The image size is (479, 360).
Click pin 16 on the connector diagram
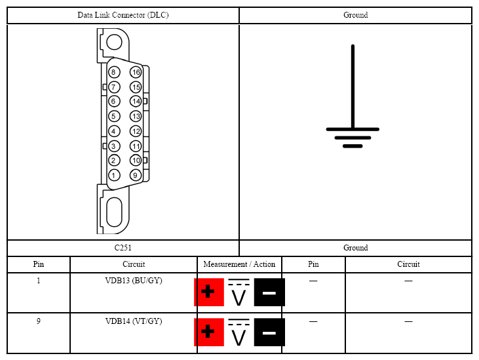click(136, 72)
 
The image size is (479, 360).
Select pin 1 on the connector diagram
click(113, 175)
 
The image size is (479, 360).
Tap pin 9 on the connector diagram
click(135, 175)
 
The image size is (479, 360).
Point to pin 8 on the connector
click(113, 72)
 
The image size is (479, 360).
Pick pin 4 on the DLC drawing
click(113, 130)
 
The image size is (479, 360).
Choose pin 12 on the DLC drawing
click(136, 130)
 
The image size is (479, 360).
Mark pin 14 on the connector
click(136, 101)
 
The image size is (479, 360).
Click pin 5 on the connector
click(113, 116)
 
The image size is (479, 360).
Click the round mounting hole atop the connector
click(114, 42)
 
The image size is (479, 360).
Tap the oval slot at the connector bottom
click(114, 211)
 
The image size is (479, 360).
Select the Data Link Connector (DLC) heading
click(123, 15)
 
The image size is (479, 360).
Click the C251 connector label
click(123, 248)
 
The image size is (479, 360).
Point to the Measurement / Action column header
click(239, 264)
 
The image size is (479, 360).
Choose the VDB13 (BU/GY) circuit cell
click(134, 281)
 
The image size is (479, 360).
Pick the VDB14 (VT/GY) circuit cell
click(134, 321)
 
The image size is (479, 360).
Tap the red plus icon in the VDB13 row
click(208, 292)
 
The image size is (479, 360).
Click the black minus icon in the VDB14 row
click(269, 332)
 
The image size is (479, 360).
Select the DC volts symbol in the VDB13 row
click(239, 293)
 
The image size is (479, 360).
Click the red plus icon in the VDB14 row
click(208, 332)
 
